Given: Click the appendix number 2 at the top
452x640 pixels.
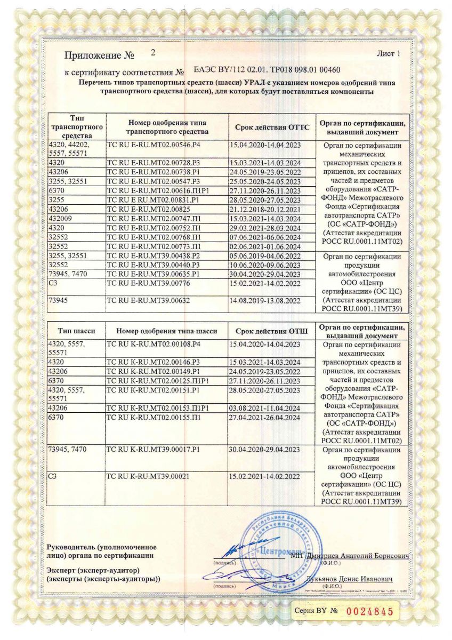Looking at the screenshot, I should coord(153,53).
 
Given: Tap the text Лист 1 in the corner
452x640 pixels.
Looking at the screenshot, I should coord(388,54).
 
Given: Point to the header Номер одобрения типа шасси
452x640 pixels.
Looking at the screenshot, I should coord(166,331).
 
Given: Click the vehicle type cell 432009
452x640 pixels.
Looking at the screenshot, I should coord(59,219).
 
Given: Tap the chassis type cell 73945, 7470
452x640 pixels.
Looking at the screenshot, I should coord(67,450).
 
